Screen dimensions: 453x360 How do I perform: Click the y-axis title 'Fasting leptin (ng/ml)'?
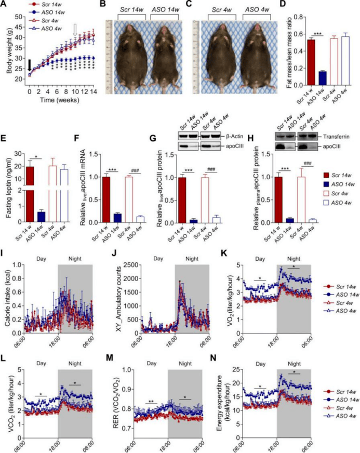(6, 188)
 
